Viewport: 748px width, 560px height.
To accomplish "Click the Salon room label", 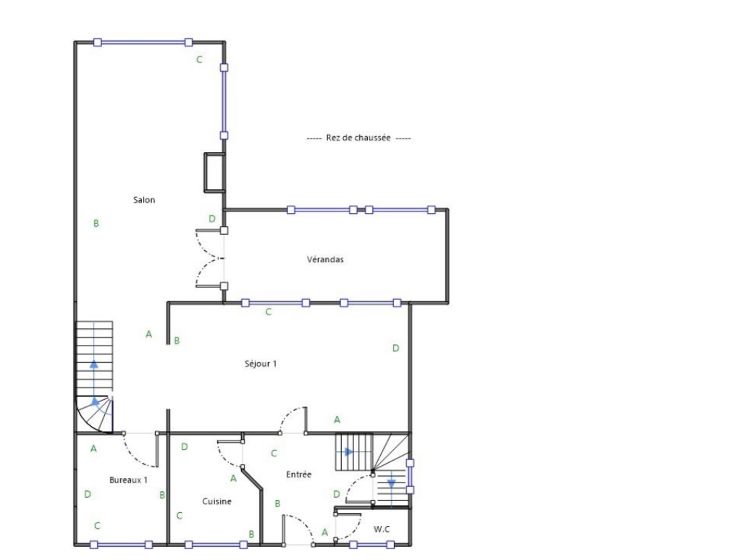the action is pos(144,199).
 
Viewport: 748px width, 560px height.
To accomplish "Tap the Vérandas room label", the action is pos(325,259).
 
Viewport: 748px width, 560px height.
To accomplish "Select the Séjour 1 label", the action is pos(261,363).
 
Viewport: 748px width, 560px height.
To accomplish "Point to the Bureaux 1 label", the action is pos(128,480).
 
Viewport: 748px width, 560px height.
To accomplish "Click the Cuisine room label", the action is pos(217,501).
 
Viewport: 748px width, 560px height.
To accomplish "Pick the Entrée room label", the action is pos(298,474).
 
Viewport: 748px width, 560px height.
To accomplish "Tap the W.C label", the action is pos(382,529).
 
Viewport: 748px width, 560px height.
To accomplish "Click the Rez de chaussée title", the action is pos(358,138).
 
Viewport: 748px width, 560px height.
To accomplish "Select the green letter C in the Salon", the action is pos(199,59).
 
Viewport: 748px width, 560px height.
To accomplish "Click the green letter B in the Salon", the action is pos(96,223).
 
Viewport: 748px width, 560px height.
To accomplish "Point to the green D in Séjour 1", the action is pos(395,348).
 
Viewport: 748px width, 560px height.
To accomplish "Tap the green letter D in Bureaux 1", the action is pos(88,494).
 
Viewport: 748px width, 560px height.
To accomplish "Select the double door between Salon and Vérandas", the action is pos(210,259).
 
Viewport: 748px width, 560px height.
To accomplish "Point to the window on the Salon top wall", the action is pos(143,43).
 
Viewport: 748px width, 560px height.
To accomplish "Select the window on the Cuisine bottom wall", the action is pos(216,545).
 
